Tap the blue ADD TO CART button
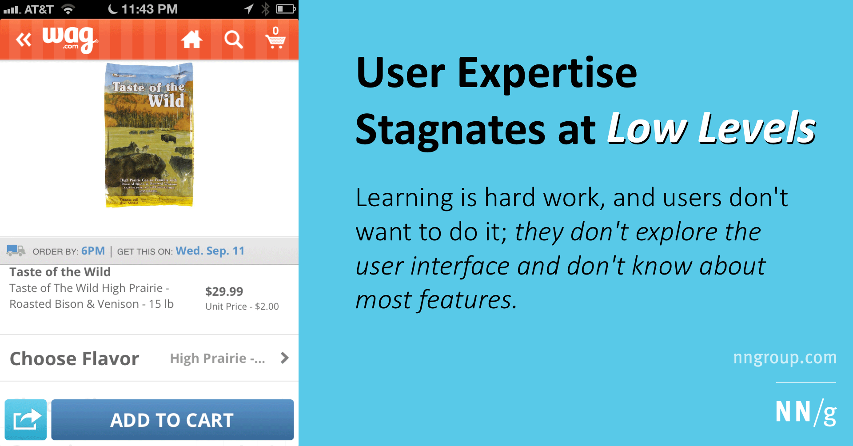[172, 420]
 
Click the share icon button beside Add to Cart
[26, 420]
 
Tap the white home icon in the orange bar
[191, 40]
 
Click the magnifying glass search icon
[233, 40]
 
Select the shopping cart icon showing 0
[275, 39]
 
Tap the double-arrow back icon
[24, 40]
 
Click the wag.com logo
[70, 40]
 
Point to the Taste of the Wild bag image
[149, 135]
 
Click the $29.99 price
[224, 291]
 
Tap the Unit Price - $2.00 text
[242, 307]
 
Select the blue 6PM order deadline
[93, 251]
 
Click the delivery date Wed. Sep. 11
[210, 251]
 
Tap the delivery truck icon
[16, 251]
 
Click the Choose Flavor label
[75, 358]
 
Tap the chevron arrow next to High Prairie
[285, 358]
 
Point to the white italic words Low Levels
[711, 129]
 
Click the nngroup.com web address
[785, 358]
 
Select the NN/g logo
[805, 412]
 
